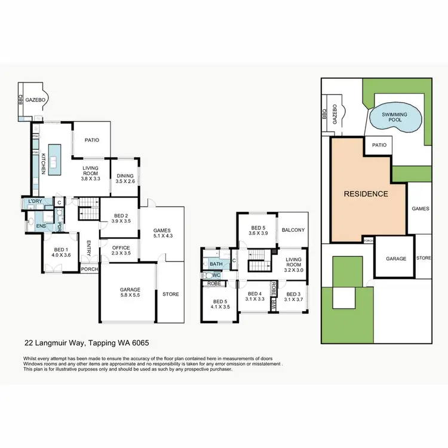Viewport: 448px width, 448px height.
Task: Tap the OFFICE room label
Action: (x=121, y=248)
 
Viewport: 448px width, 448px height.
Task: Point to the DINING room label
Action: (x=125, y=176)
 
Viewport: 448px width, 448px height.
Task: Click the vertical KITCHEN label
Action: (x=44, y=164)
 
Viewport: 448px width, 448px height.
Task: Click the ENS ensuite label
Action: (x=41, y=226)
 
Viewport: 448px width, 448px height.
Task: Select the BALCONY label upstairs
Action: (x=293, y=230)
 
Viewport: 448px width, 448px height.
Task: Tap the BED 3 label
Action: (x=293, y=294)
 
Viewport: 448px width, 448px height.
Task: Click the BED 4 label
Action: (x=255, y=294)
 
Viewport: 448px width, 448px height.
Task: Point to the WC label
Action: (x=216, y=275)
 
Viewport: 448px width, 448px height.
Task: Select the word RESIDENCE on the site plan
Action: (x=366, y=194)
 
